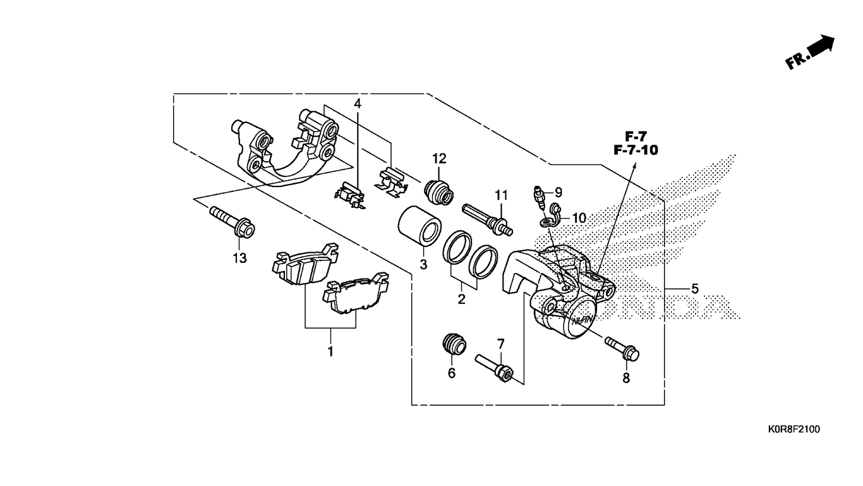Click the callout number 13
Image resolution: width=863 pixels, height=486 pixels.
(x=239, y=258)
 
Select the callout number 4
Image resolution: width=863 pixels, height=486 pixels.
(x=358, y=103)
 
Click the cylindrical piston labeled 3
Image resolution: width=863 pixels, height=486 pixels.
(x=419, y=226)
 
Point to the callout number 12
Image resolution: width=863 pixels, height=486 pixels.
(x=439, y=159)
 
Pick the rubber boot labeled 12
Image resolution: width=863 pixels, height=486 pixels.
(x=439, y=191)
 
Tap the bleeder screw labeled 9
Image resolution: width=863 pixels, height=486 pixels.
(x=540, y=197)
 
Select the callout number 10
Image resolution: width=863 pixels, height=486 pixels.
(x=579, y=218)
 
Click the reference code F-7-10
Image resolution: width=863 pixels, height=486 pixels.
(x=636, y=150)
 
